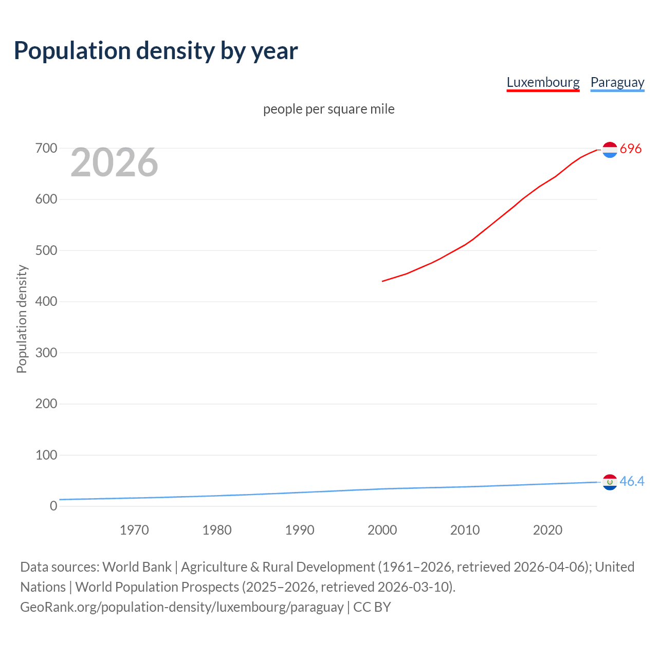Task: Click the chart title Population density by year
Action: (x=156, y=51)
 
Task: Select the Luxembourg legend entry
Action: (x=543, y=82)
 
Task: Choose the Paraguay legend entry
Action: (x=617, y=82)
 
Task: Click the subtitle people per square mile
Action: (x=328, y=109)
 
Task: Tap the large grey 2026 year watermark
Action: (x=114, y=162)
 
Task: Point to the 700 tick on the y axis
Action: (x=46, y=148)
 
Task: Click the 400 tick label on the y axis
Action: (x=46, y=302)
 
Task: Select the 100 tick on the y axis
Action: (x=46, y=455)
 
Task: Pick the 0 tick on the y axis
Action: (x=53, y=506)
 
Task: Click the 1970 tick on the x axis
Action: (x=134, y=530)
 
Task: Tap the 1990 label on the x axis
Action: (x=300, y=530)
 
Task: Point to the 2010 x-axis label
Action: (x=465, y=530)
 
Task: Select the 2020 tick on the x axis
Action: (x=547, y=530)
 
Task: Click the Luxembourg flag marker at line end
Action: (x=610, y=150)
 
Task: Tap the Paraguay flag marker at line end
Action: (x=610, y=482)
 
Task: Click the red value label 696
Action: (x=631, y=149)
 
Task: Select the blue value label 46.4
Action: (x=632, y=481)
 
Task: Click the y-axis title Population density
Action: (x=22, y=319)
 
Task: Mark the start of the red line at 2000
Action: (x=382, y=281)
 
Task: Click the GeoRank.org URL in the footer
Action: (x=182, y=607)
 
